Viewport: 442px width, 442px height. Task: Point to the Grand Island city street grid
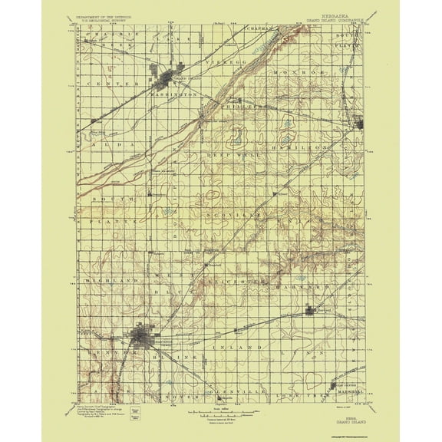[168, 80]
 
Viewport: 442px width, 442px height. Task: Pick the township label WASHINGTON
[175, 94]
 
